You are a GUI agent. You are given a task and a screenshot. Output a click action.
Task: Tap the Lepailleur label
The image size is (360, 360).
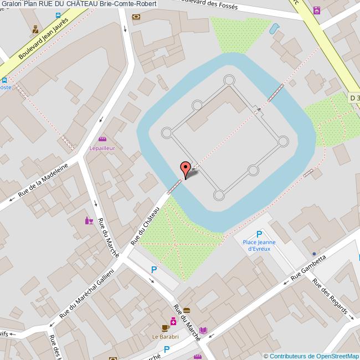pyautogui.click(x=102, y=148)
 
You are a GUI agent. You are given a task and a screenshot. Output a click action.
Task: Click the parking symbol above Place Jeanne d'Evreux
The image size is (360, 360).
pyautogui.click(x=259, y=234)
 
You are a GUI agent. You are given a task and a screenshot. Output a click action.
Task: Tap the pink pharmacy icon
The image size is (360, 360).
pyautogui.click(x=173, y=321)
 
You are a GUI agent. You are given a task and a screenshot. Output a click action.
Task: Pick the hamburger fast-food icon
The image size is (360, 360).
pyautogui.click(x=187, y=310)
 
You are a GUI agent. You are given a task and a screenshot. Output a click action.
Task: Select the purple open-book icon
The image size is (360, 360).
pyautogui.click(x=203, y=331)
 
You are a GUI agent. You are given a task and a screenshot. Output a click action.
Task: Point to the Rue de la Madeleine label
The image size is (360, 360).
pyautogui.click(x=43, y=179)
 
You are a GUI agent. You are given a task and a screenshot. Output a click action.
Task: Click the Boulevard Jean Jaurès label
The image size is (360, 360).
pyautogui.click(x=43, y=38)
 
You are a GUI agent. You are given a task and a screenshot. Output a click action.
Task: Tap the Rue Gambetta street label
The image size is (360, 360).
pyautogui.click(x=309, y=267)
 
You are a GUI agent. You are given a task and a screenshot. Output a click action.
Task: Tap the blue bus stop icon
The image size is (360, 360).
pyautogui.click(x=58, y=14)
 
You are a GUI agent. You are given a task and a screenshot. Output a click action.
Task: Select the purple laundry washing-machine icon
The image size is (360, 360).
pyautogui.click(x=316, y=10)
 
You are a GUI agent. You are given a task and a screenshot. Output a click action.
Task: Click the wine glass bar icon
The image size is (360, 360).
pyautogui.click(x=89, y=220)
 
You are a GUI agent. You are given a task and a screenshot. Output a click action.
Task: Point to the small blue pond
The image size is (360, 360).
pyautogui.click(x=274, y=28)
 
